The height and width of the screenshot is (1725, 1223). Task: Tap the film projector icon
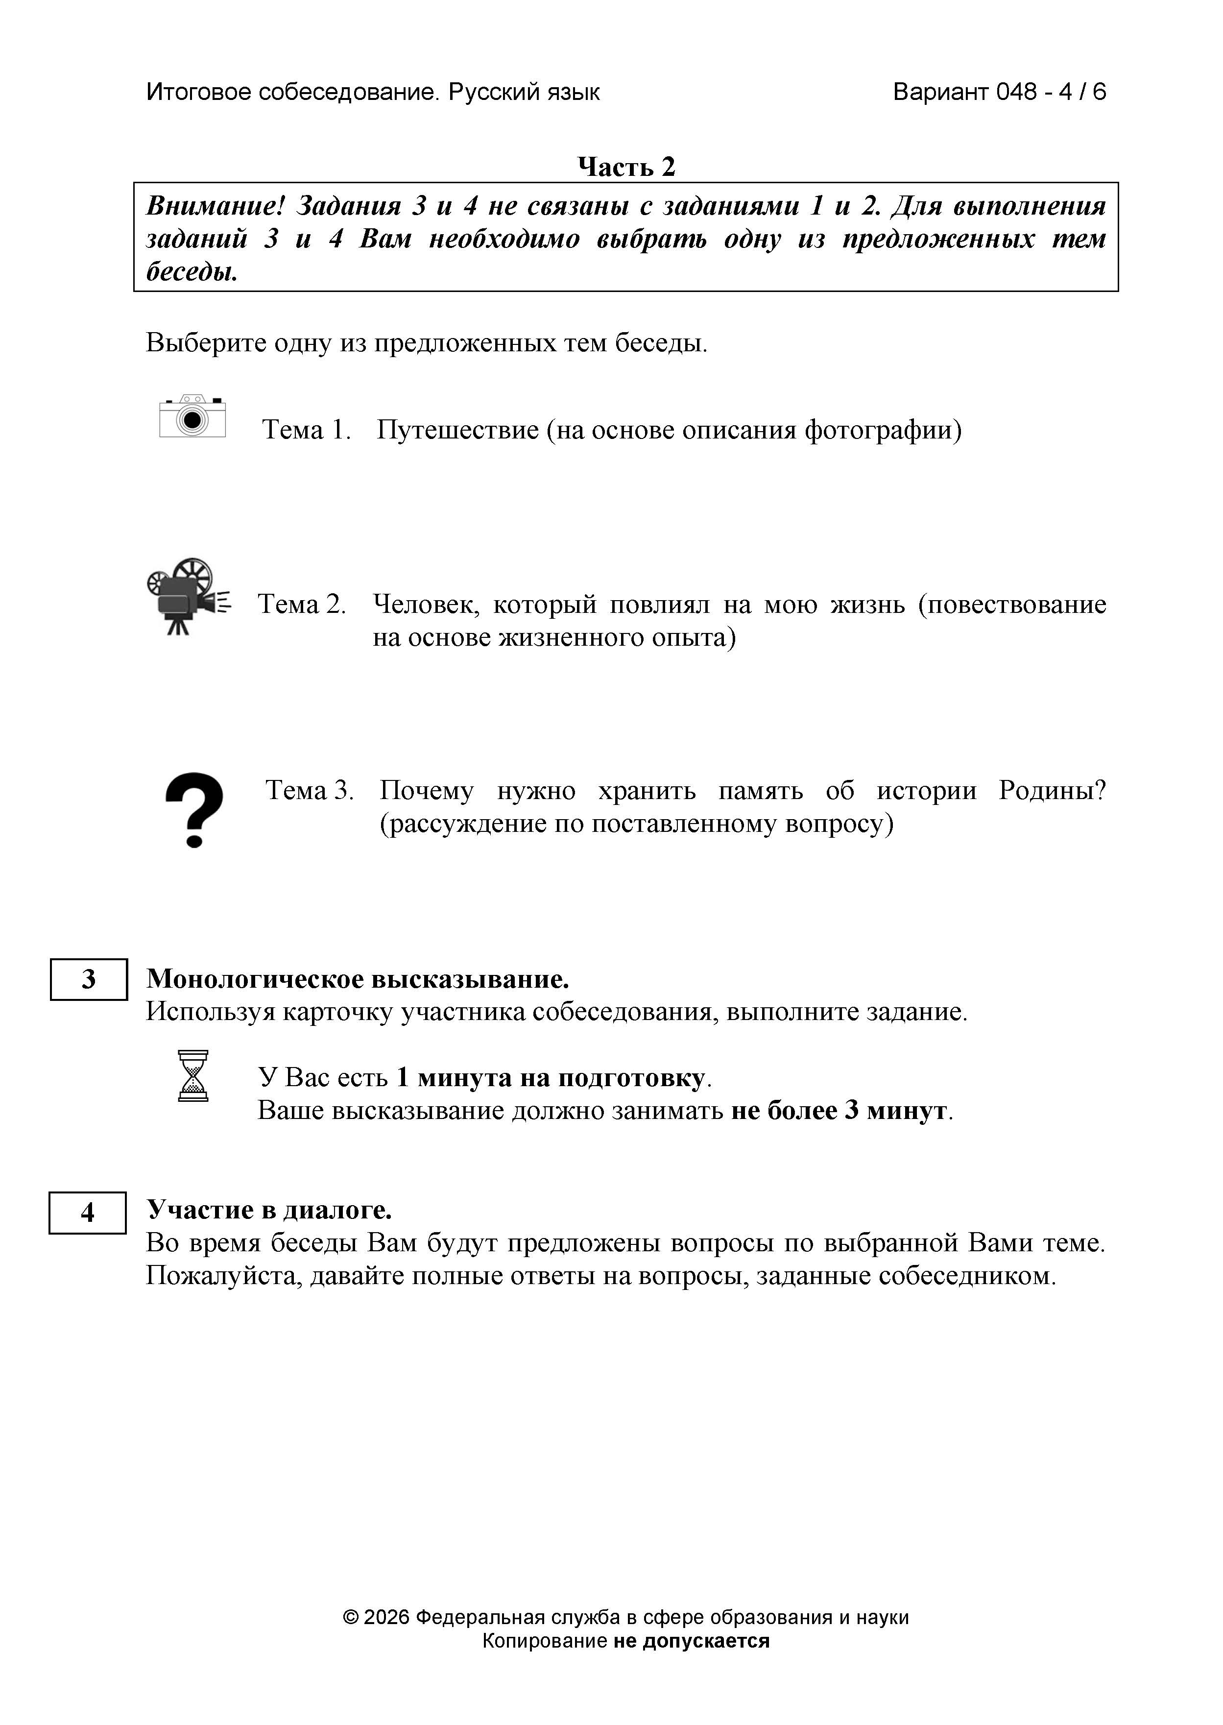coord(188,596)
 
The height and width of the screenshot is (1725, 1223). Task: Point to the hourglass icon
coord(193,1076)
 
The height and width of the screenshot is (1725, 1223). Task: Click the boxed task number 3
coord(89,979)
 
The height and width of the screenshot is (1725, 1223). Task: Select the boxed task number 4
coord(87,1213)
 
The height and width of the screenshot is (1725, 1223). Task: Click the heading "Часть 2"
coord(626,167)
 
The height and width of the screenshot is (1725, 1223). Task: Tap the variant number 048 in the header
coord(1016,92)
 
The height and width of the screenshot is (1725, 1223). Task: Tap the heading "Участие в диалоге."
coord(269,1209)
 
